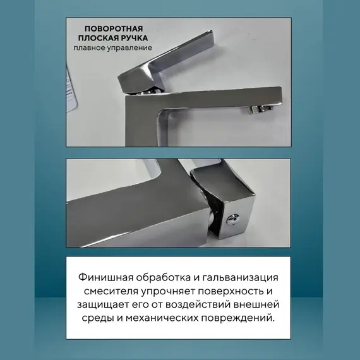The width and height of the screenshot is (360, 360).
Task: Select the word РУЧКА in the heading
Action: (129, 39)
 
